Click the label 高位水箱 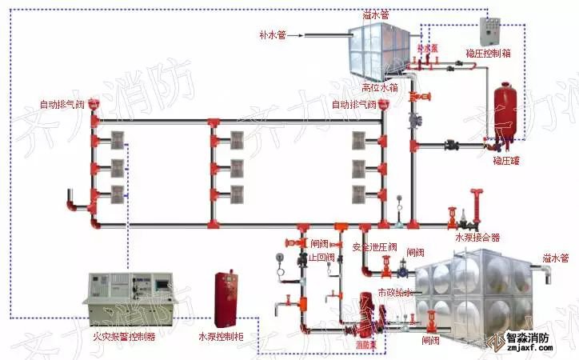pos(379,87)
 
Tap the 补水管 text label pos(272,34)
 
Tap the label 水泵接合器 pos(477,237)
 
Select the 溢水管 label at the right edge pos(555,258)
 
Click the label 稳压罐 pos(506,161)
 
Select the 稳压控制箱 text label pos(489,53)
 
